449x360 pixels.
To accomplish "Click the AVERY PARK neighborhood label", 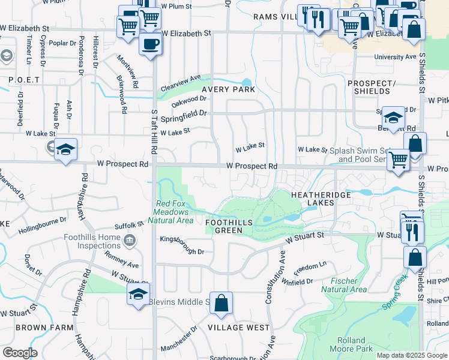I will (228, 89).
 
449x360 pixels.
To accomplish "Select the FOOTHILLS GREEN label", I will (232, 222).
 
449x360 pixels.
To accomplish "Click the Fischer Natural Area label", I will (344, 285).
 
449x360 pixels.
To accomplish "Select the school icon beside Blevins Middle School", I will (137, 295).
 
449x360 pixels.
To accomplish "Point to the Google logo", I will (20, 353).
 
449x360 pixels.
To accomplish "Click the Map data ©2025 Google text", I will (412, 355).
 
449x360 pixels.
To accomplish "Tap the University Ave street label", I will (394, 57).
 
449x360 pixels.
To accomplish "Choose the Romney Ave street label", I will (122, 260).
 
